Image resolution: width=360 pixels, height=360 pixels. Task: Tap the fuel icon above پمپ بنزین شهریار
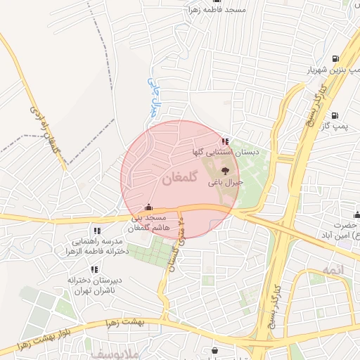[334, 58]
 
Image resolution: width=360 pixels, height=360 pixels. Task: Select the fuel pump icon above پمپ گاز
[334, 115]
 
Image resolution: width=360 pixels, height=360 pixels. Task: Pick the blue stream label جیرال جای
[153, 95]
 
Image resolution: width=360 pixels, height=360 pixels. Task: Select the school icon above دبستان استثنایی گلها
[224, 141]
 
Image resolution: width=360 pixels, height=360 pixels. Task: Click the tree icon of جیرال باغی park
[225, 171]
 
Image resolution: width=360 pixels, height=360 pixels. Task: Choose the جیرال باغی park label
[225, 182]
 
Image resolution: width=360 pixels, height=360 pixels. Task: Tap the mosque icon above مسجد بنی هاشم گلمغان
[148, 207]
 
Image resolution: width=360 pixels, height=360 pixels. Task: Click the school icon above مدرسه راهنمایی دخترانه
[96, 230]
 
